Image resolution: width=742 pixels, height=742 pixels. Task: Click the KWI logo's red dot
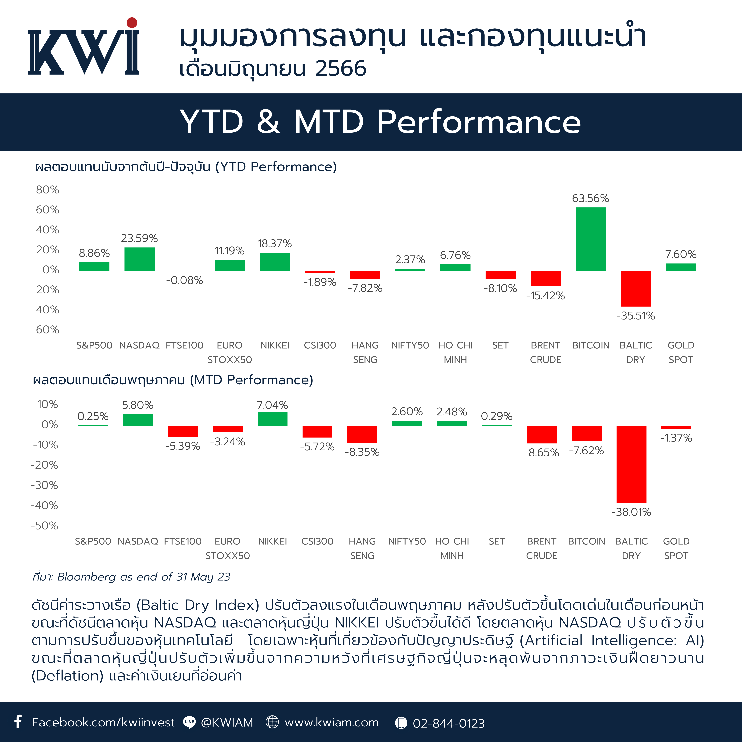[x=132, y=23]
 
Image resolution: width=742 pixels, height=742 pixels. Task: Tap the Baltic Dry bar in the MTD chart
[x=631, y=464]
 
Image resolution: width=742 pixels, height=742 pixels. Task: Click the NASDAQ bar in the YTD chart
[x=139, y=259]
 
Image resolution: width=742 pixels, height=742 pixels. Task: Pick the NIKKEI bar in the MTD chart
[x=272, y=419]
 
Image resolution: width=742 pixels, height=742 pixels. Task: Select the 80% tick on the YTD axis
[x=48, y=190]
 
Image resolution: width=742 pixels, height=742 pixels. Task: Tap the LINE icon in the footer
[x=189, y=722]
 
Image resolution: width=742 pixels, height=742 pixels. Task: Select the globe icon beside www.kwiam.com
[x=272, y=722]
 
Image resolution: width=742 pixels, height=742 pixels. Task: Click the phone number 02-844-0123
[x=449, y=723]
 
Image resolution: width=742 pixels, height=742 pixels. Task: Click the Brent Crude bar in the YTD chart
[x=545, y=278]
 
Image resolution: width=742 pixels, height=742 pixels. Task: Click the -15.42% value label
[x=545, y=296]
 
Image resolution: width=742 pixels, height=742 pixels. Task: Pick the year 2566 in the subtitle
[x=341, y=69]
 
